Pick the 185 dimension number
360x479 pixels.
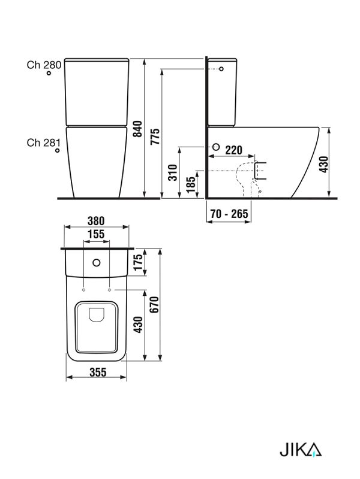190,184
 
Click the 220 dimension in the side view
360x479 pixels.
234,150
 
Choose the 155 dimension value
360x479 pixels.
96,234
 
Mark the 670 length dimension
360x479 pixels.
155,304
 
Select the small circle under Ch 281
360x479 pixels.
57,151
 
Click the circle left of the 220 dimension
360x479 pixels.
215,147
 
